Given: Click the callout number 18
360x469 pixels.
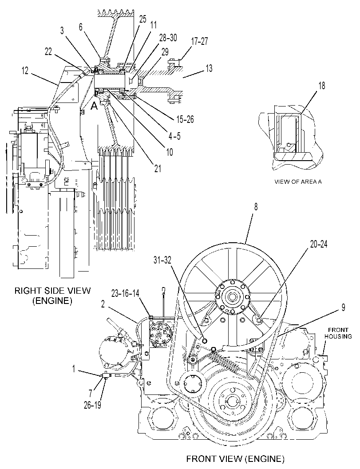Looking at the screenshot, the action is [x=322, y=86].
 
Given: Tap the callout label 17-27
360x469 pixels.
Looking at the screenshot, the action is [x=199, y=41].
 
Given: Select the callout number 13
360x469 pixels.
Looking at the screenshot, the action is [x=209, y=68].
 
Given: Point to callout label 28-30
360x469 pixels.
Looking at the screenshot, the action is [x=168, y=38].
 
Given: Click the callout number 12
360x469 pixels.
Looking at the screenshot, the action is [x=25, y=71].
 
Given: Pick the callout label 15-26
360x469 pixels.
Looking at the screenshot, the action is [x=185, y=119].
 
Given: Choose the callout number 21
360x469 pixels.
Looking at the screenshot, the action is [x=158, y=169].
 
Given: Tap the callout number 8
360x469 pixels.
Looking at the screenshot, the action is [x=256, y=207].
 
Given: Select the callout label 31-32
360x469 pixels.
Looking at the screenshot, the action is [x=162, y=260].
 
